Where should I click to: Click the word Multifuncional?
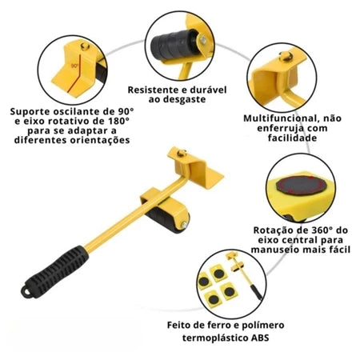274,117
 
